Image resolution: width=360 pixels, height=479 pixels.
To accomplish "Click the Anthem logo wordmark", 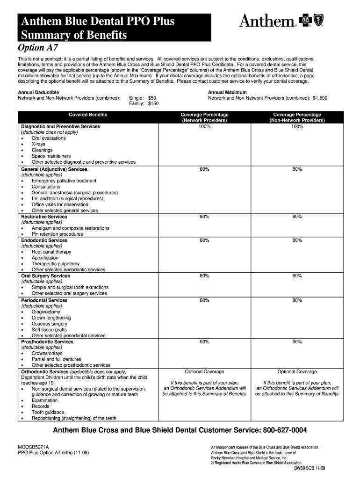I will (x=267, y=21).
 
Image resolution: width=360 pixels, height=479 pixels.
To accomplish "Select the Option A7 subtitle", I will (x=37, y=48).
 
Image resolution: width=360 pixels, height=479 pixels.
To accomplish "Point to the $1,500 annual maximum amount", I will (x=320, y=98).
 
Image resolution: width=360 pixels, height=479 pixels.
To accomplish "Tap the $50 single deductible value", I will (x=152, y=98).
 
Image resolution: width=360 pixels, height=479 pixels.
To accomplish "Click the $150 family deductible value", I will (x=153, y=104).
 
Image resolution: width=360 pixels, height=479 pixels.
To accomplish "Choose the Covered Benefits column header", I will (x=88, y=115).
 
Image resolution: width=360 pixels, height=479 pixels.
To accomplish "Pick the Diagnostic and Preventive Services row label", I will (x=60, y=127).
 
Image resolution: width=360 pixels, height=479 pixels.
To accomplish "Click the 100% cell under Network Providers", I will (x=204, y=127).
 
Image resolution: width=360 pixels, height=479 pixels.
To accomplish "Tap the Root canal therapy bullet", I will (x=51, y=252).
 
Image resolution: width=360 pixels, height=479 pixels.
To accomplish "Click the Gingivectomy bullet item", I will (x=46, y=312).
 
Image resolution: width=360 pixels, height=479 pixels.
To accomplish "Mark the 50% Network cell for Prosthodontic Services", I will (x=204, y=342).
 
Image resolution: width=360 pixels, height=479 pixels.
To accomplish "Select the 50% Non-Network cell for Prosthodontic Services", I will (x=297, y=342).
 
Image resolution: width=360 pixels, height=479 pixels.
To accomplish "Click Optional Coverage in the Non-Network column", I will (x=297, y=372).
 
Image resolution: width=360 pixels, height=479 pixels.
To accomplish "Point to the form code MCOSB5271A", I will (x=33, y=447).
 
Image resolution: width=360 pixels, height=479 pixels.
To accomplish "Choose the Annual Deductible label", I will (x=38, y=93).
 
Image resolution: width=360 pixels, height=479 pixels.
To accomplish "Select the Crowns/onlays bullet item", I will (x=48, y=353).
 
